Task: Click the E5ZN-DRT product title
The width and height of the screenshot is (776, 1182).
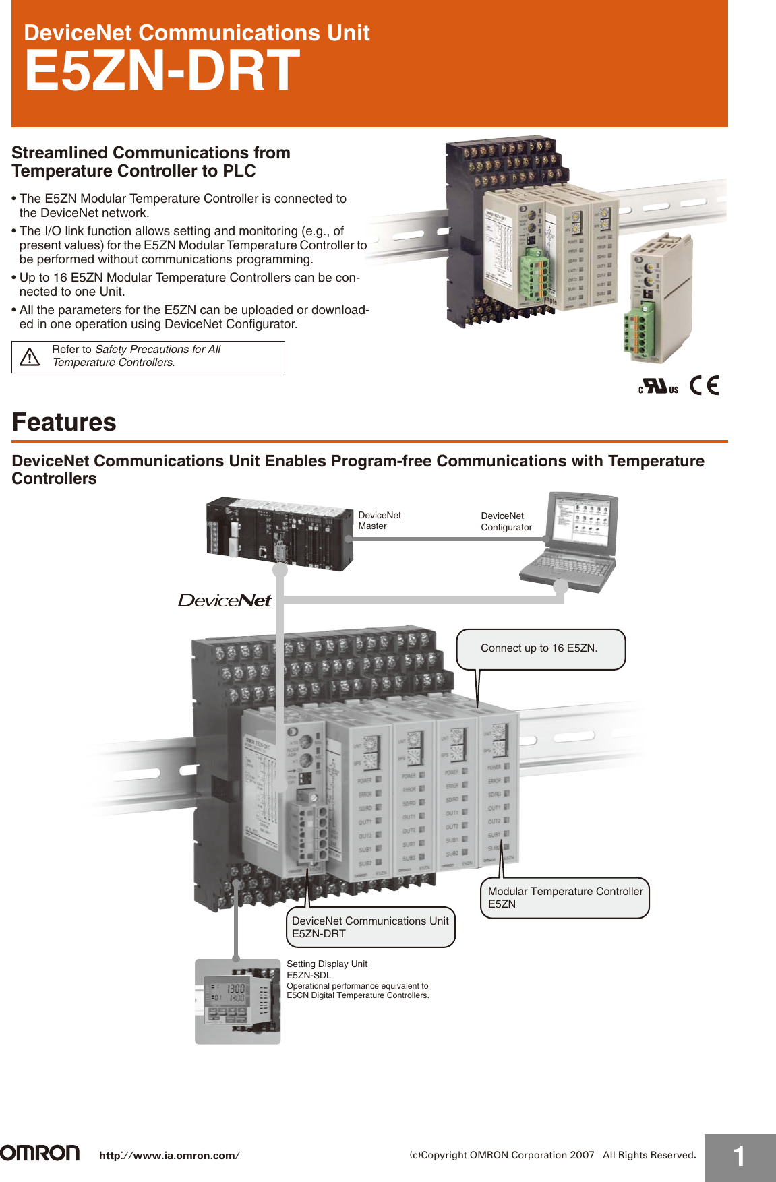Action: click(x=162, y=71)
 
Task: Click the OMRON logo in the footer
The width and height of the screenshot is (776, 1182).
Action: click(x=40, y=1153)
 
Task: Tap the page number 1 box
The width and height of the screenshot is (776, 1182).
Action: click(x=740, y=1157)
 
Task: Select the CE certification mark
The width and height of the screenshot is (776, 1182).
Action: click(x=705, y=385)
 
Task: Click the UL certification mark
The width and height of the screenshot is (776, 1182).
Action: click(x=658, y=386)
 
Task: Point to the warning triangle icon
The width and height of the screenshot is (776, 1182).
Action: click(x=30, y=357)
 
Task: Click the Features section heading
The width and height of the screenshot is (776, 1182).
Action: click(x=64, y=423)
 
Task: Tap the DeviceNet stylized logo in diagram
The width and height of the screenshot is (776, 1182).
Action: click(x=225, y=600)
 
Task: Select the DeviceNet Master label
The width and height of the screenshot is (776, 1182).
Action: click(x=379, y=520)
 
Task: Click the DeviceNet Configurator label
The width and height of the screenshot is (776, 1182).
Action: click(x=506, y=521)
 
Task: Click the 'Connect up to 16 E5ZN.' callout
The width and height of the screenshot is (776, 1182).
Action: click(x=540, y=648)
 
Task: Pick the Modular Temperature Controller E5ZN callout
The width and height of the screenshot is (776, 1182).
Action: click(x=564, y=898)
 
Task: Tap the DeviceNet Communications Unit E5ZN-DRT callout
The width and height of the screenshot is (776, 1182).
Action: click(x=370, y=927)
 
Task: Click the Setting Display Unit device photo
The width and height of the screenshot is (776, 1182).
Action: click(x=237, y=1001)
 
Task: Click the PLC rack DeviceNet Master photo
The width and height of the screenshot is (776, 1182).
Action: click(x=279, y=534)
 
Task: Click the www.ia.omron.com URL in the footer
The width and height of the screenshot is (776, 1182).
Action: click(x=169, y=1155)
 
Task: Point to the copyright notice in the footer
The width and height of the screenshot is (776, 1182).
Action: click(x=552, y=1155)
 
